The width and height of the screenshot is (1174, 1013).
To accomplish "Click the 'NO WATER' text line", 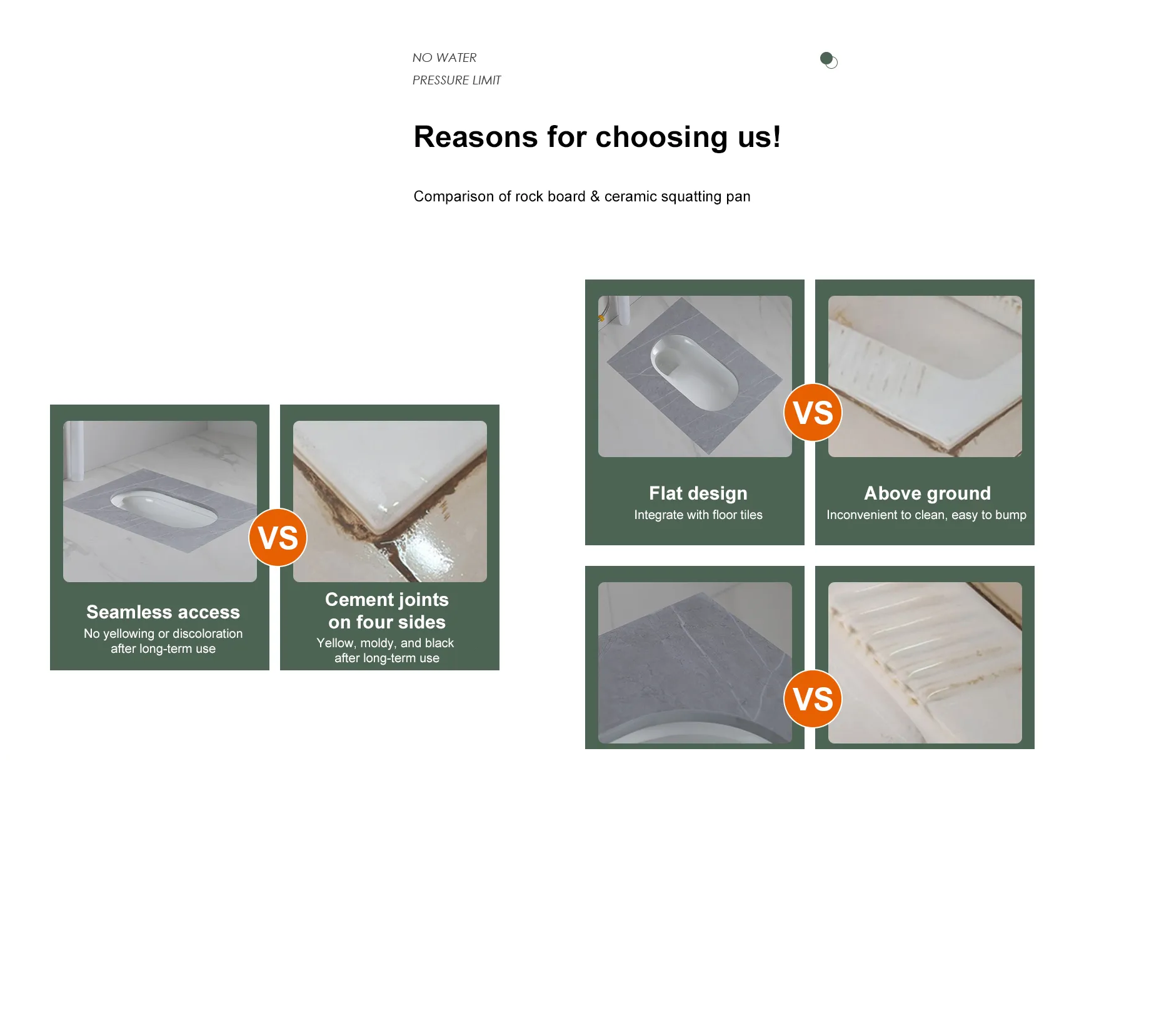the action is pyautogui.click(x=444, y=58).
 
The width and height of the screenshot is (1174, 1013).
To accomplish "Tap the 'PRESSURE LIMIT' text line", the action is pyautogui.click(x=456, y=80).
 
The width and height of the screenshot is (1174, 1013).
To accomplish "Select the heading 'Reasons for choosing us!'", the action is pyautogui.click(x=597, y=136).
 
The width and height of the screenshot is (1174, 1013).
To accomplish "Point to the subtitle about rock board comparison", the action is pyautogui.click(x=582, y=196).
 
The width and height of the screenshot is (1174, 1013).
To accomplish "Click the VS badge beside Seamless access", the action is pyautogui.click(x=278, y=537).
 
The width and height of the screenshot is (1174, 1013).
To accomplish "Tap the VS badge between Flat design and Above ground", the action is pyautogui.click(x=813, y=412).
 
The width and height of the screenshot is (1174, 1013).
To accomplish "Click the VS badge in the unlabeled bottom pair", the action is pyautogui.click(x=813, y=698).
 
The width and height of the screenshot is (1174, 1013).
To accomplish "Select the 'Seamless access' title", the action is pyautogui.click(x=163, y=612).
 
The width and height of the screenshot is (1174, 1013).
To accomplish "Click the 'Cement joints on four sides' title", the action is pyautogui.click(x=387, y=611).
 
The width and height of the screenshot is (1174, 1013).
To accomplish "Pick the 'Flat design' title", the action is pyautogui.click(x=698, y=493).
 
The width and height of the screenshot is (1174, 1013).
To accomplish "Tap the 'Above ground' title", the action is pyautogui.click(x=927, y=493).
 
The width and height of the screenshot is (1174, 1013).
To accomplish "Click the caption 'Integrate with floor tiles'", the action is pyautogui.click(x=698, y=515).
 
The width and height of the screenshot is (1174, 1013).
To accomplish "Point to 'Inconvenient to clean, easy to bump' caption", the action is pyautogui.click(x=926, y=515).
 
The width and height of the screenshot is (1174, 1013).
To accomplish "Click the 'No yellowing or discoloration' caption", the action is pyautogui.click(x=163, y=633).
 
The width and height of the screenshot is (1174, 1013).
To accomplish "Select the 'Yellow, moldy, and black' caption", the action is pyautogui.click(x=385, y=643).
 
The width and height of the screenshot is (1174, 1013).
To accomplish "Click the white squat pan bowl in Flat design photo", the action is pyautogui.click(x=694, y=372).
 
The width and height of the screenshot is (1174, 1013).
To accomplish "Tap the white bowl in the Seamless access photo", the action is pyautogui.click(x=164, y=508).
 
